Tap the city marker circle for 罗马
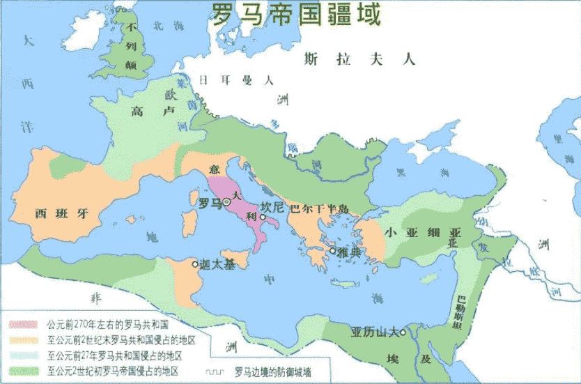click(x=227, y=203)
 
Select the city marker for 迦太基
click(x=195, y=263)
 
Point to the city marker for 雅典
click(x=334, y=250)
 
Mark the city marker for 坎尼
click(x=263, y=216)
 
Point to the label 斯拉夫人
click(x=359, y=60)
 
